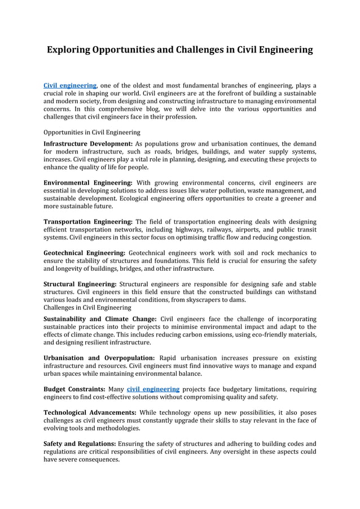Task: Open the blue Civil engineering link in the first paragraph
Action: point(70,85)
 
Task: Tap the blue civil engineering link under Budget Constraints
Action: point(153,389)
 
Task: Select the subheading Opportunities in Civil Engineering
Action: point(92,133)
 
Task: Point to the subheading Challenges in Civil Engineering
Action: point(87,308)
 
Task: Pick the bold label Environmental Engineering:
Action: point(88,183)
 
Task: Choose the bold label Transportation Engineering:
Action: point(88,222)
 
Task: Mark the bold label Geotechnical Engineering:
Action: point(84,253)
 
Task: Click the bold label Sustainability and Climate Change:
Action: point(100,318)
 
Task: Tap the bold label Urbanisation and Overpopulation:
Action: point(99,358)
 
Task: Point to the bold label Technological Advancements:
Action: point(90,412)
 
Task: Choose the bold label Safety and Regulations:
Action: point(79,444)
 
